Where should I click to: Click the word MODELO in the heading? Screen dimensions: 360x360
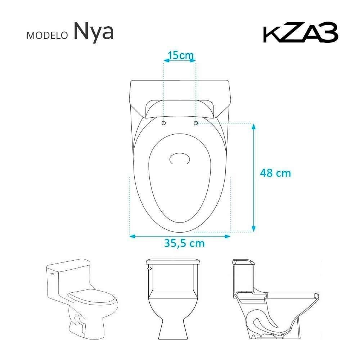pos(47,35)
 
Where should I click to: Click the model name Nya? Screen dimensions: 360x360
pos(94,32)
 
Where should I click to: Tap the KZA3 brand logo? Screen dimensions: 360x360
pos(301,34)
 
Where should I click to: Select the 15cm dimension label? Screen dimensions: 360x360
pos(181,55)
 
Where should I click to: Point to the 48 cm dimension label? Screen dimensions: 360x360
pos(275,173)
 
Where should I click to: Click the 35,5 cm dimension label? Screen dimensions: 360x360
pos(184,243)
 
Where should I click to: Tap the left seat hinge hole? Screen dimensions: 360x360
pos(164,123)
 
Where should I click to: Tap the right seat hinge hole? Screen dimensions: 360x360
pos(196,123)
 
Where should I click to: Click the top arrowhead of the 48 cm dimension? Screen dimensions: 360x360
pos(253,126)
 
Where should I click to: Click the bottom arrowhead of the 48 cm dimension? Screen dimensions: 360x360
pos(253,228)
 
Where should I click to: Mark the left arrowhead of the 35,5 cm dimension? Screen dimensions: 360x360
pos(132,236)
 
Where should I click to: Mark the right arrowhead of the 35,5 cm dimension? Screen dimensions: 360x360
pos(227,236)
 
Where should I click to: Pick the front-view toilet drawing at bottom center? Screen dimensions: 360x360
pos(173,299)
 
